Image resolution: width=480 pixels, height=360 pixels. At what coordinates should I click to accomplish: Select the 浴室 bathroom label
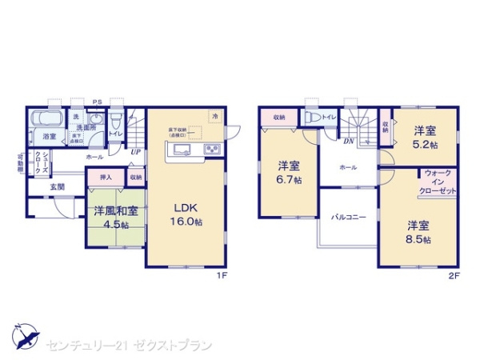50,137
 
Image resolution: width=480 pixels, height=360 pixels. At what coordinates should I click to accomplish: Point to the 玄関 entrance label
58,186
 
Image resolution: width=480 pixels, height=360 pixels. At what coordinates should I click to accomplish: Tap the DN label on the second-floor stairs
349,142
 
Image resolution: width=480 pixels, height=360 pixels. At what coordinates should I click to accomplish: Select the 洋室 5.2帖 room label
425,137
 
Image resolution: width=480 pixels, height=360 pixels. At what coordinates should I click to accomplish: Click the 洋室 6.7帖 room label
289,172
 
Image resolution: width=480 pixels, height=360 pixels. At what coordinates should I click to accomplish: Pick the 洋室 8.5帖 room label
418,232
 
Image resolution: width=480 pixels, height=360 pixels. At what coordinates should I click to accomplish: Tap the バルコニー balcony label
349,216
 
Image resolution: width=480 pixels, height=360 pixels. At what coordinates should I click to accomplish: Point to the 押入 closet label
106,177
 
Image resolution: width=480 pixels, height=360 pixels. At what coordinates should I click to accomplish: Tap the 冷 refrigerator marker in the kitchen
214,116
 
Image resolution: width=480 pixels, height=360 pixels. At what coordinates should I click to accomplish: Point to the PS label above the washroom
97,102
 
